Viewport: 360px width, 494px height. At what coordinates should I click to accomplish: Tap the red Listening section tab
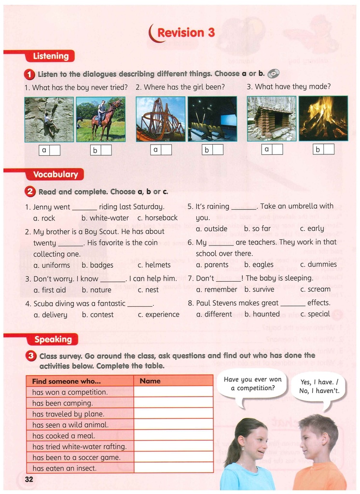(50, 56)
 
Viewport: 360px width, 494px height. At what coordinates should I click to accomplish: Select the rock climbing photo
(49, 119)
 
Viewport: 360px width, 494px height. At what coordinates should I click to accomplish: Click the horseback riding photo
(100, 119)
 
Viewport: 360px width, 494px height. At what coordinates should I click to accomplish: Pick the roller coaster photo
(160, 119)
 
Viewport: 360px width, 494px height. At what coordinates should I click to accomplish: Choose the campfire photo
(323, 119)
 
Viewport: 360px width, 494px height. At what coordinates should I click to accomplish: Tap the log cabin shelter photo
(272, 119)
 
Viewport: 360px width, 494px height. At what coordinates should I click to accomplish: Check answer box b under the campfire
(329, 150)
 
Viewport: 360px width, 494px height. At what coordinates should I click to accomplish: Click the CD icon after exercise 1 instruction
(273, 73)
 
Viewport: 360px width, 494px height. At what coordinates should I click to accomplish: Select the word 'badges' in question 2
(101, 265)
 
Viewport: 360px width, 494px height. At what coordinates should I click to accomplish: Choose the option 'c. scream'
(315, 289)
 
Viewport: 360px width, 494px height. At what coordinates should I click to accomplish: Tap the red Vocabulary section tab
(55, 174)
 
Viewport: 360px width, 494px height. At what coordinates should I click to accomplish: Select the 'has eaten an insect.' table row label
(65, 468)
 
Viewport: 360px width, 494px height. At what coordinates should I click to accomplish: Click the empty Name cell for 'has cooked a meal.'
(173, 436)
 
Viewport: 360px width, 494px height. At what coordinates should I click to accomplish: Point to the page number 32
(29, 479)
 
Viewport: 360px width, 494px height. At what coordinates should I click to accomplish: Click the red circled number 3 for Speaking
(30, 356)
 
